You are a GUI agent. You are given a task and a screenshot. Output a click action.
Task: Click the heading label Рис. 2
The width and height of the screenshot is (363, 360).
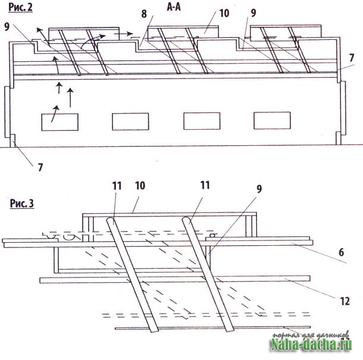pos(20,7)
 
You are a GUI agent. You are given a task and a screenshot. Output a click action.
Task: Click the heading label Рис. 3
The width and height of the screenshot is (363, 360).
pos(22,204)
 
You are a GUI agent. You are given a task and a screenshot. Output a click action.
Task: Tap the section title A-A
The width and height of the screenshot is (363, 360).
pos(174,7)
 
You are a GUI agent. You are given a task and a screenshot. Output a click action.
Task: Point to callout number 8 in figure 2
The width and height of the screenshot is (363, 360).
pos(144,14)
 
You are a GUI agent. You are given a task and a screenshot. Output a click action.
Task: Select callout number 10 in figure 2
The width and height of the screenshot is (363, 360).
pos(224,13)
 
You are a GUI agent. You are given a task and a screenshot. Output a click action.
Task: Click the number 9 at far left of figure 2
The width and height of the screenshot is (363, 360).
pos(7,27)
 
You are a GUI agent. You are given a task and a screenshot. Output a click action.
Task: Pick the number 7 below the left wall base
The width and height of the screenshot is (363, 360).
pos(40,167)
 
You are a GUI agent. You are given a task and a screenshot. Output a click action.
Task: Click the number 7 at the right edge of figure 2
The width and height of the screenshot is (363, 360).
pos(352,58)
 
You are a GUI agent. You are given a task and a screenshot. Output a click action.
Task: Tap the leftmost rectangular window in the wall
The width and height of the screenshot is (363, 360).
pos(60,122)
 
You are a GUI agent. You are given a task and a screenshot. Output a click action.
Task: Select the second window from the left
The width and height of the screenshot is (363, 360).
pos(130,121)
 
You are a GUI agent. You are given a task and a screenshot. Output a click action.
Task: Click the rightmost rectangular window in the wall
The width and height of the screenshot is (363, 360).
pos(272,120)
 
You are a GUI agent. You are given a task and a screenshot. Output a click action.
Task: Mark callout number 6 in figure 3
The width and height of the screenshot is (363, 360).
pos(341,252)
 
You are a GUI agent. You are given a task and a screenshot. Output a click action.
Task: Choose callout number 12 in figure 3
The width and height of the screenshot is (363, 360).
pos(345,301)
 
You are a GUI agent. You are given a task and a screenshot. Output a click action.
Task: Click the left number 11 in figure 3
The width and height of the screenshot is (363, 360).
pos(117,186)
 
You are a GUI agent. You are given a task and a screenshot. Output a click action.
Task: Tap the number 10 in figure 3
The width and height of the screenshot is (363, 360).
pos(140,186)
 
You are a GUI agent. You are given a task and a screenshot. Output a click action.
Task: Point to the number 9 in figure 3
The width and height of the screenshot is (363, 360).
pos(259,189)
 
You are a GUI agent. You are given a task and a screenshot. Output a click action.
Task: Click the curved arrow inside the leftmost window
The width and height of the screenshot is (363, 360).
pos(55,113)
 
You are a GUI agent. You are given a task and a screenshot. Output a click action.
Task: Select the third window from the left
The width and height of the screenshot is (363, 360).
pos(202,121)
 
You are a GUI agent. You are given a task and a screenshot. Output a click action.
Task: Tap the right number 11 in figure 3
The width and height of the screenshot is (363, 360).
pos(205,185)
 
